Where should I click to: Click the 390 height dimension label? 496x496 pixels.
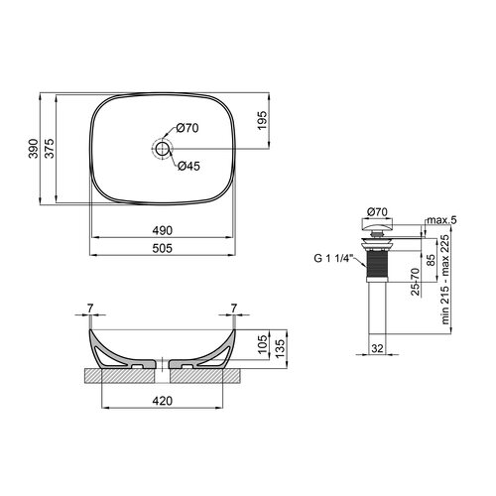click(x=33, y=149)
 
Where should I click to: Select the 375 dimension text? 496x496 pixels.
click(x=50, y=149)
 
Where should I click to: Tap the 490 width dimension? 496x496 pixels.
click(x=163, y=230)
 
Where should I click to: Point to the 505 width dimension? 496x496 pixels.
click(x=163, y=248)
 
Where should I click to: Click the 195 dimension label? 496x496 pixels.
click(x=262, y=120)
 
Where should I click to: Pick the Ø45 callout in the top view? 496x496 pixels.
click(x=188, y=166)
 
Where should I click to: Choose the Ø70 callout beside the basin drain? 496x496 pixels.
click(x=187, y=128)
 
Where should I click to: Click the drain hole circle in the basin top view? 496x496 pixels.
click(x=162, y=149)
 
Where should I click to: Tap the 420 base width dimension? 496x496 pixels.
click(x=163, y=401)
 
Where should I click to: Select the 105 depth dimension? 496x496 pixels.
click(x=262, y=344)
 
